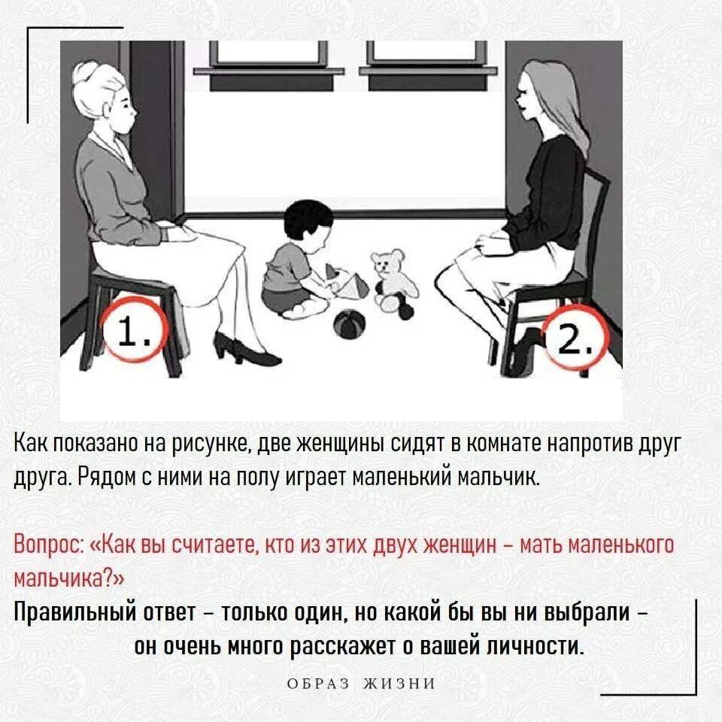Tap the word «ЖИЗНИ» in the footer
pos(399,684)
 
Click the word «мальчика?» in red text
pos(69,578)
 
